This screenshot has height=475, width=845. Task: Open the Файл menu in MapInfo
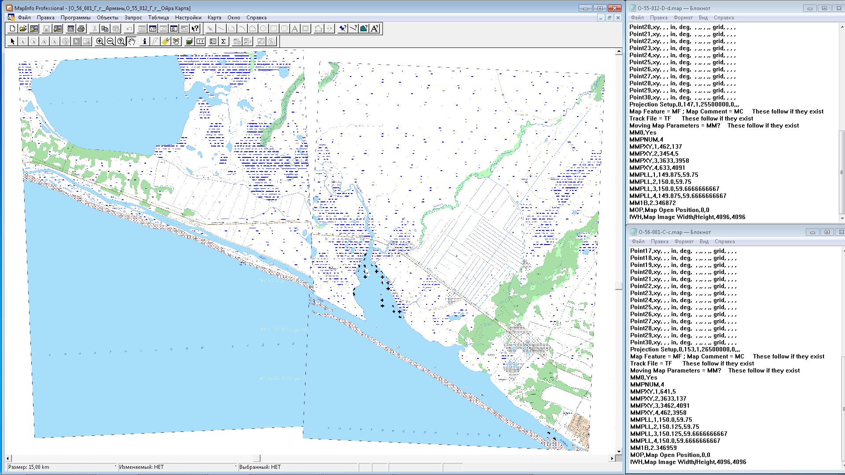click(24, 18)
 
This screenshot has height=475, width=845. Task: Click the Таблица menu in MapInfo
click(158, 18)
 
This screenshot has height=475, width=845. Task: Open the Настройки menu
click(188, 18)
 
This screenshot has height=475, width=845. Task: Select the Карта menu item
click(214, 18)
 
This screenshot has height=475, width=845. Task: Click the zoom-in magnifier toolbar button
click(100, 41)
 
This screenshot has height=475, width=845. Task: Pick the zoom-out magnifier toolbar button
click(110, 41)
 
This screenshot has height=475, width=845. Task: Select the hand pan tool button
click(132, 41)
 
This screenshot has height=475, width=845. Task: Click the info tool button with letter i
click(144, 41)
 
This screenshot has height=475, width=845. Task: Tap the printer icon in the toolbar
click(81, 29)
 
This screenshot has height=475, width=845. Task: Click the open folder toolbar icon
click(23, 29)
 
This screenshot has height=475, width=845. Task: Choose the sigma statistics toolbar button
click(224, 41)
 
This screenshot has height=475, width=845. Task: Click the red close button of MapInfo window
click(614, 8)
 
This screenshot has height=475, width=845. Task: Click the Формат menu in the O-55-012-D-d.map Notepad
click(683, 18)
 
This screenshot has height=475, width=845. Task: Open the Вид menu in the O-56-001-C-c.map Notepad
click(704, 241)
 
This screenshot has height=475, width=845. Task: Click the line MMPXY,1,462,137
click(655, 146)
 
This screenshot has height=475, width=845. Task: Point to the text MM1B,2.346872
click(652, 203)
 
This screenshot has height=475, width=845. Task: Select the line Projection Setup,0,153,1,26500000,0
click(684, 349)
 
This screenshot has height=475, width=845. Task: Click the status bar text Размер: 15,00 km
click(29, 467)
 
